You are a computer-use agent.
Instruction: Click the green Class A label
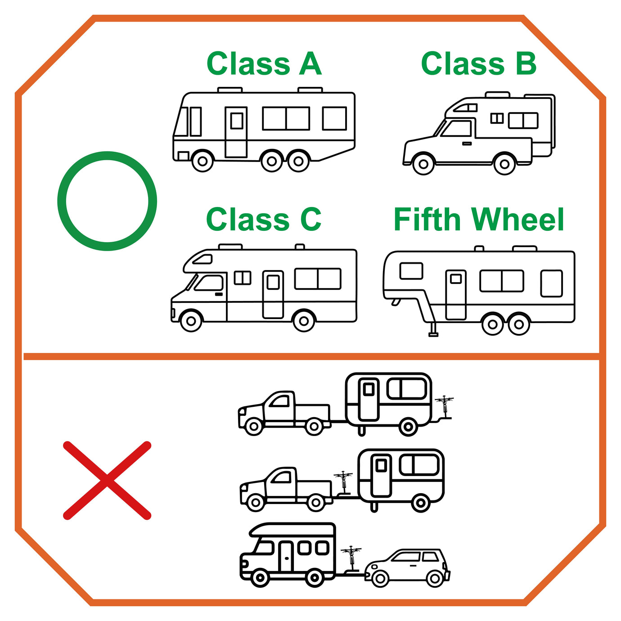click(264, 64)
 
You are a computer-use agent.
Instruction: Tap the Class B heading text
click(479, 64)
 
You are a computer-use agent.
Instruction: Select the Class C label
click(264, 220)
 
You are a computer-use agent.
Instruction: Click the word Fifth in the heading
click(427, 220)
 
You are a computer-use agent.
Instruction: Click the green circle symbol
click(107, 201)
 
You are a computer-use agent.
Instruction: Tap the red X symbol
click(107, 481)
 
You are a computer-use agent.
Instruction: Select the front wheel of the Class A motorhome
click(202, 161)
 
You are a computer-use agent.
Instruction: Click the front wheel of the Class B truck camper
click(423, 164)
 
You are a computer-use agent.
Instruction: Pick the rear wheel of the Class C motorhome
click(304, 321)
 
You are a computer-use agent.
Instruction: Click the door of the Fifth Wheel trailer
click(456, 294)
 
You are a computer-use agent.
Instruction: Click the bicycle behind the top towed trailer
click(445, 406)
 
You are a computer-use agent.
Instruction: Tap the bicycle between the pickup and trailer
click(344, 481)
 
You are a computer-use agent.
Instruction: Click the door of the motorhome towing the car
click(286, 557)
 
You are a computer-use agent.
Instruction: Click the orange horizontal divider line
click(310, 356)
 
